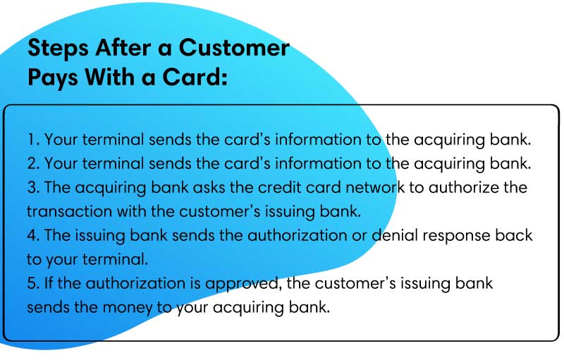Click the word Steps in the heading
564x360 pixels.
[x=58, y=48]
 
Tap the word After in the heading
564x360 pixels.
[x=123, y=47]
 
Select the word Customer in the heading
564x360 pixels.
[x=234, y=47]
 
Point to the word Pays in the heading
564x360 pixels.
[x=52, y=77]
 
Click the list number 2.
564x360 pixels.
[x=33, y=163]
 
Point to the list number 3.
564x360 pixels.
[x=33, y=187]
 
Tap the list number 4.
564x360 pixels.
[x=33, y=236]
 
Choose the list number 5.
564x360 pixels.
[x=33, y=283]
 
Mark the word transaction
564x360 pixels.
[x=69, y=211]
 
